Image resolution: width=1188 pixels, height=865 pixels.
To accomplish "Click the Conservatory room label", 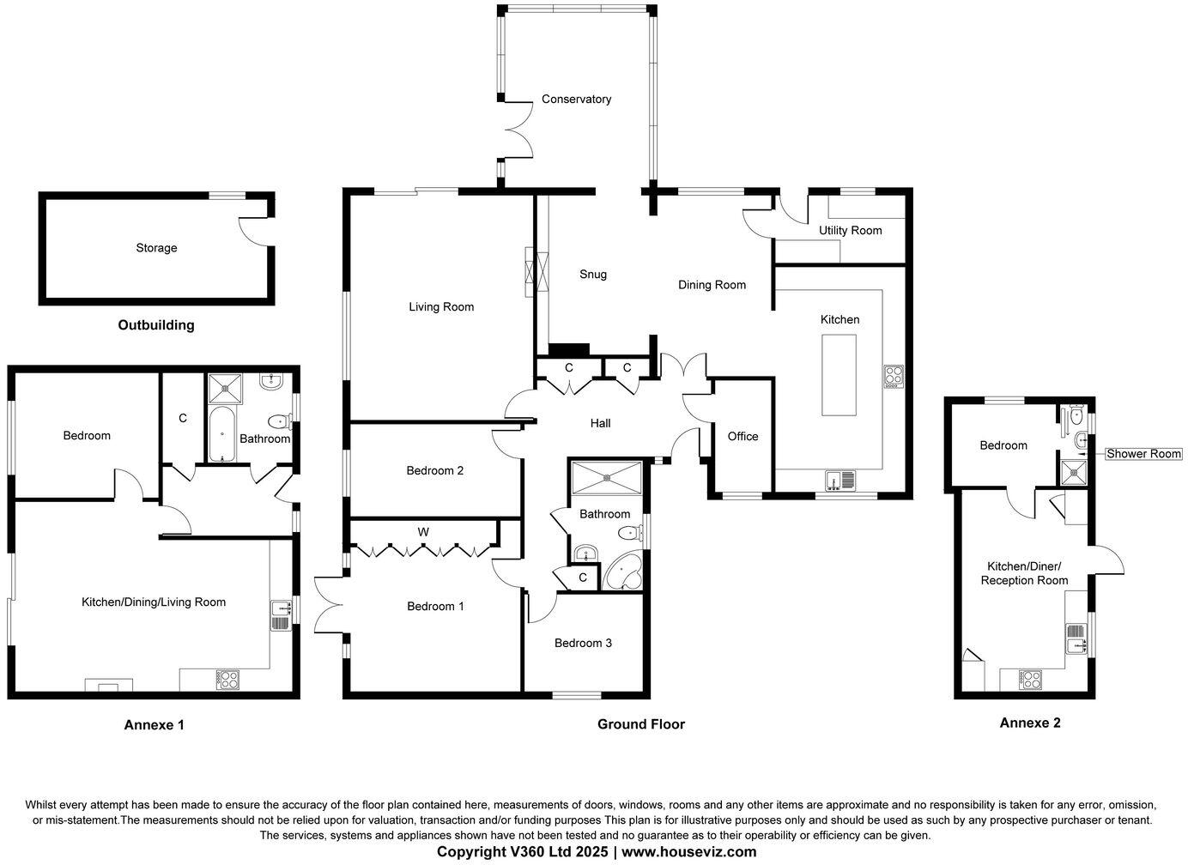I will tap(576, 100).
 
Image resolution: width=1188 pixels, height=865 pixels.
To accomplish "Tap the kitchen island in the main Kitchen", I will tap(839, 375).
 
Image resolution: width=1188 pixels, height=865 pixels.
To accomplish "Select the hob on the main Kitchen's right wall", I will tap(894, 376).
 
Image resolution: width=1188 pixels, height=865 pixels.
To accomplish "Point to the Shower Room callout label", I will tap(1143, 454).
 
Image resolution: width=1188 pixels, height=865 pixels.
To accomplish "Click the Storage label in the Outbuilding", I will tap(156, 248).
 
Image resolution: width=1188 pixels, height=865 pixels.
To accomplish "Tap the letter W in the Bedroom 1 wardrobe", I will tap(423, 532).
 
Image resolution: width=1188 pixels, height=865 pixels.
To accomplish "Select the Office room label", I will tap(742, 437).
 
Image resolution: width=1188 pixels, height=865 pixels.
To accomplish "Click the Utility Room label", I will tap(850, 230).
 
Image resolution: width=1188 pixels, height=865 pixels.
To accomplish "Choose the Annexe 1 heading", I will tap(155, 725).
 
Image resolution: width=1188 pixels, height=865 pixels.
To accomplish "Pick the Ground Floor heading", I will tap(640, 724).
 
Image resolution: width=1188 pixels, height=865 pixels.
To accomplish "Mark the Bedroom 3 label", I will tap(583, 644).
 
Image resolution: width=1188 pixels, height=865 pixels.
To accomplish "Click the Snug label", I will tap(593, 275).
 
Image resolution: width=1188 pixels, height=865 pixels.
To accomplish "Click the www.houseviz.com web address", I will tap(688, 852).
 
